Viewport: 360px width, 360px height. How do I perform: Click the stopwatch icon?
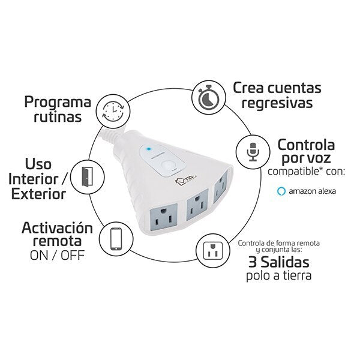tap(209, 97)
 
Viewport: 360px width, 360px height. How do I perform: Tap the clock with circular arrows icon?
tap(113, 111)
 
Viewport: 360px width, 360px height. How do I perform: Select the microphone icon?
tap(253, 152)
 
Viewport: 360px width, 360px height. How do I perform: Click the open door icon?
tap(87, 176)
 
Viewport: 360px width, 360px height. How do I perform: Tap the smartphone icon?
tap(116, 239)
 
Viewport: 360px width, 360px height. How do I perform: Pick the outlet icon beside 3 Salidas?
tap(213, 250)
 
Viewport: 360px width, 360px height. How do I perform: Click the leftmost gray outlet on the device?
tap(163, 217)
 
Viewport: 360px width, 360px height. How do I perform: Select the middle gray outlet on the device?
tap(197, 205)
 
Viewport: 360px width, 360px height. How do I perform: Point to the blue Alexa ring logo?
tap(281, 191)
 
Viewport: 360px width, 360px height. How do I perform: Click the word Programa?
tap(58, 102)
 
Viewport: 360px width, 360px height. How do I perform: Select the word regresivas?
tap(277, 103)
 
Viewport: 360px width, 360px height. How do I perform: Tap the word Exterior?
tap(38, 194)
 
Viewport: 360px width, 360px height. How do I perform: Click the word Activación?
tap(57, 228)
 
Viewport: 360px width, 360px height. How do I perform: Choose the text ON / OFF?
tap(57, 256)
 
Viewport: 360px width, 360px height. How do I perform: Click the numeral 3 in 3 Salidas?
tap(253, 262)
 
